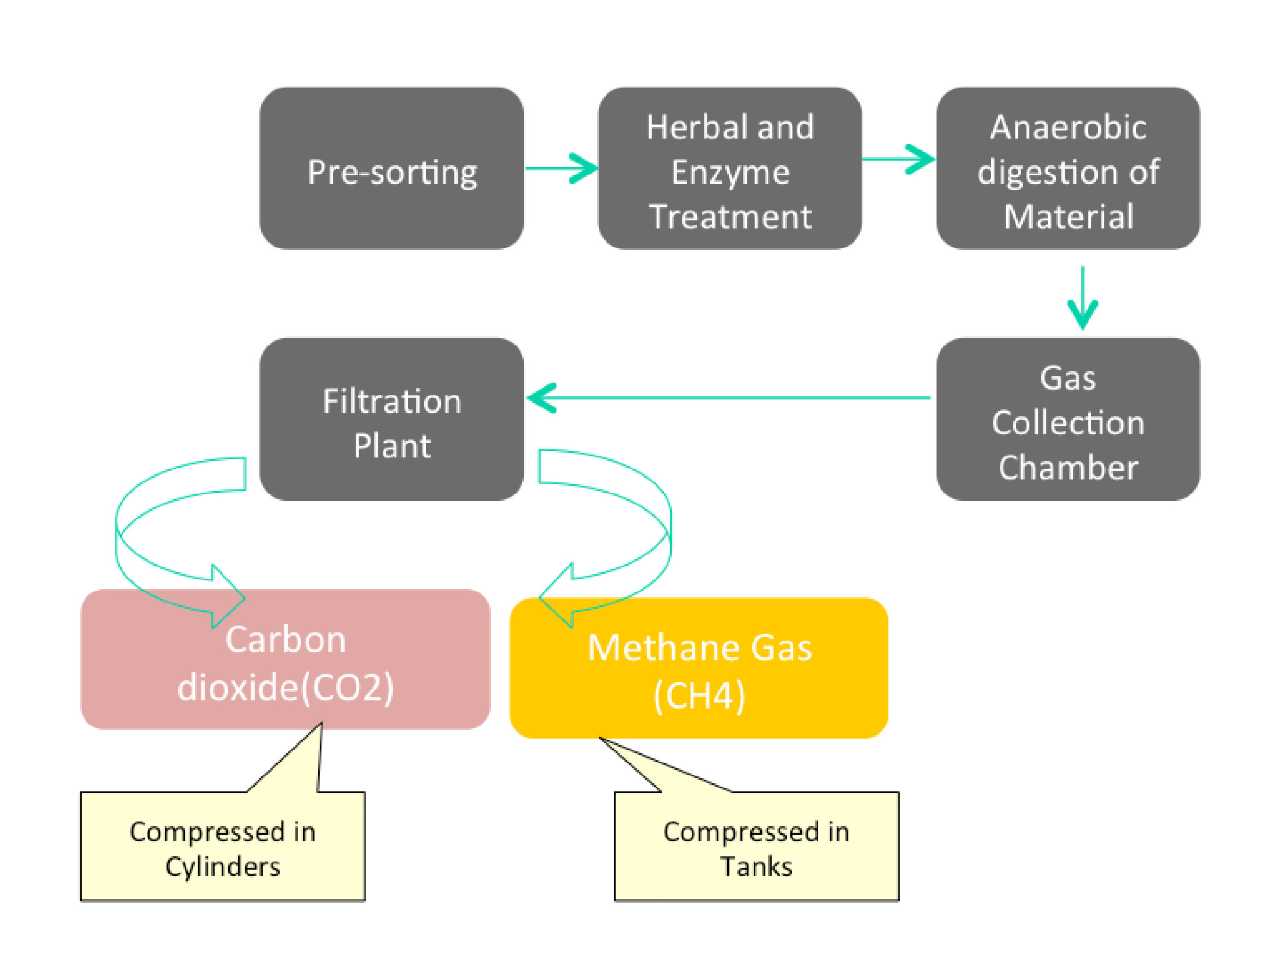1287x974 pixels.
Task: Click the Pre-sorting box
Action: tap(392, 169)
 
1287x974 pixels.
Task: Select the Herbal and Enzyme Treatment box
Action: tap(729, 169)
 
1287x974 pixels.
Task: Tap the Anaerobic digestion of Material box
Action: tap(1068, 169)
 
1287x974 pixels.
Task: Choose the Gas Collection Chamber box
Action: tap(1068, 419)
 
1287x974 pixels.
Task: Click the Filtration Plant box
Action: tap(392, 419)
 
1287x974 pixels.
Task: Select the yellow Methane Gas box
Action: tap(699, 668)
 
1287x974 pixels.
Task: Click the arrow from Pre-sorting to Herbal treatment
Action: tap(562, 169)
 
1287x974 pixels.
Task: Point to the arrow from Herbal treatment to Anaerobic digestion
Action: tap(899, 159)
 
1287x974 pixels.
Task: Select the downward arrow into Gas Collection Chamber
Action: tap(1082, 298)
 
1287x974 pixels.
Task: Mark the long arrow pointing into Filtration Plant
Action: tap(727, 398)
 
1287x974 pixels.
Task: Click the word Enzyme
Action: tap(730, 173)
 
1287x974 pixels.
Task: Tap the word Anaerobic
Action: tap(1068, 128)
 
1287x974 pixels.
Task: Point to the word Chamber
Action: tap(1068, 467)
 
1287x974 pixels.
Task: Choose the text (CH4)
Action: tap(699, 695)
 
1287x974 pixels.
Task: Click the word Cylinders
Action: tap(223, 867)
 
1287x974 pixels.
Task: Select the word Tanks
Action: tap(757, 867)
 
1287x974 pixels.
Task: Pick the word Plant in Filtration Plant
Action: tap(392, 446)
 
